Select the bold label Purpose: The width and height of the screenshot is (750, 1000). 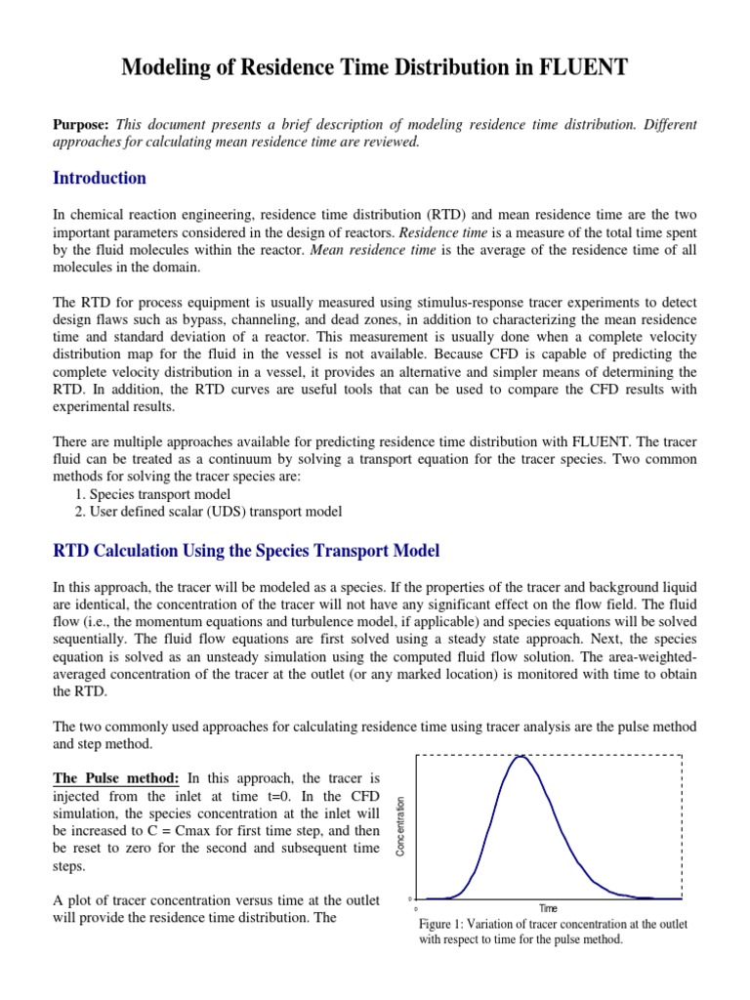pyautogui.click(x=81, y=125)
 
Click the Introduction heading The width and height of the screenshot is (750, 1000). pyautogui.click(x=99, y=178)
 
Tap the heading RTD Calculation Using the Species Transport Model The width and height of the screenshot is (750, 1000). pyautogui.click(x=245, y=551)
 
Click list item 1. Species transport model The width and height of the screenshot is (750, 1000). pyautogui.click(x=152, y=494)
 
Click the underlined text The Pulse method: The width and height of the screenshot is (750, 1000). pyautogui.click(x=115, y=778)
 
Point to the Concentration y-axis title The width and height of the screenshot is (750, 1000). pyautogui.click(x=399, y=826)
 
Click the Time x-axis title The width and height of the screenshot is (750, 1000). pyautogui.click(x=549, y=908)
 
